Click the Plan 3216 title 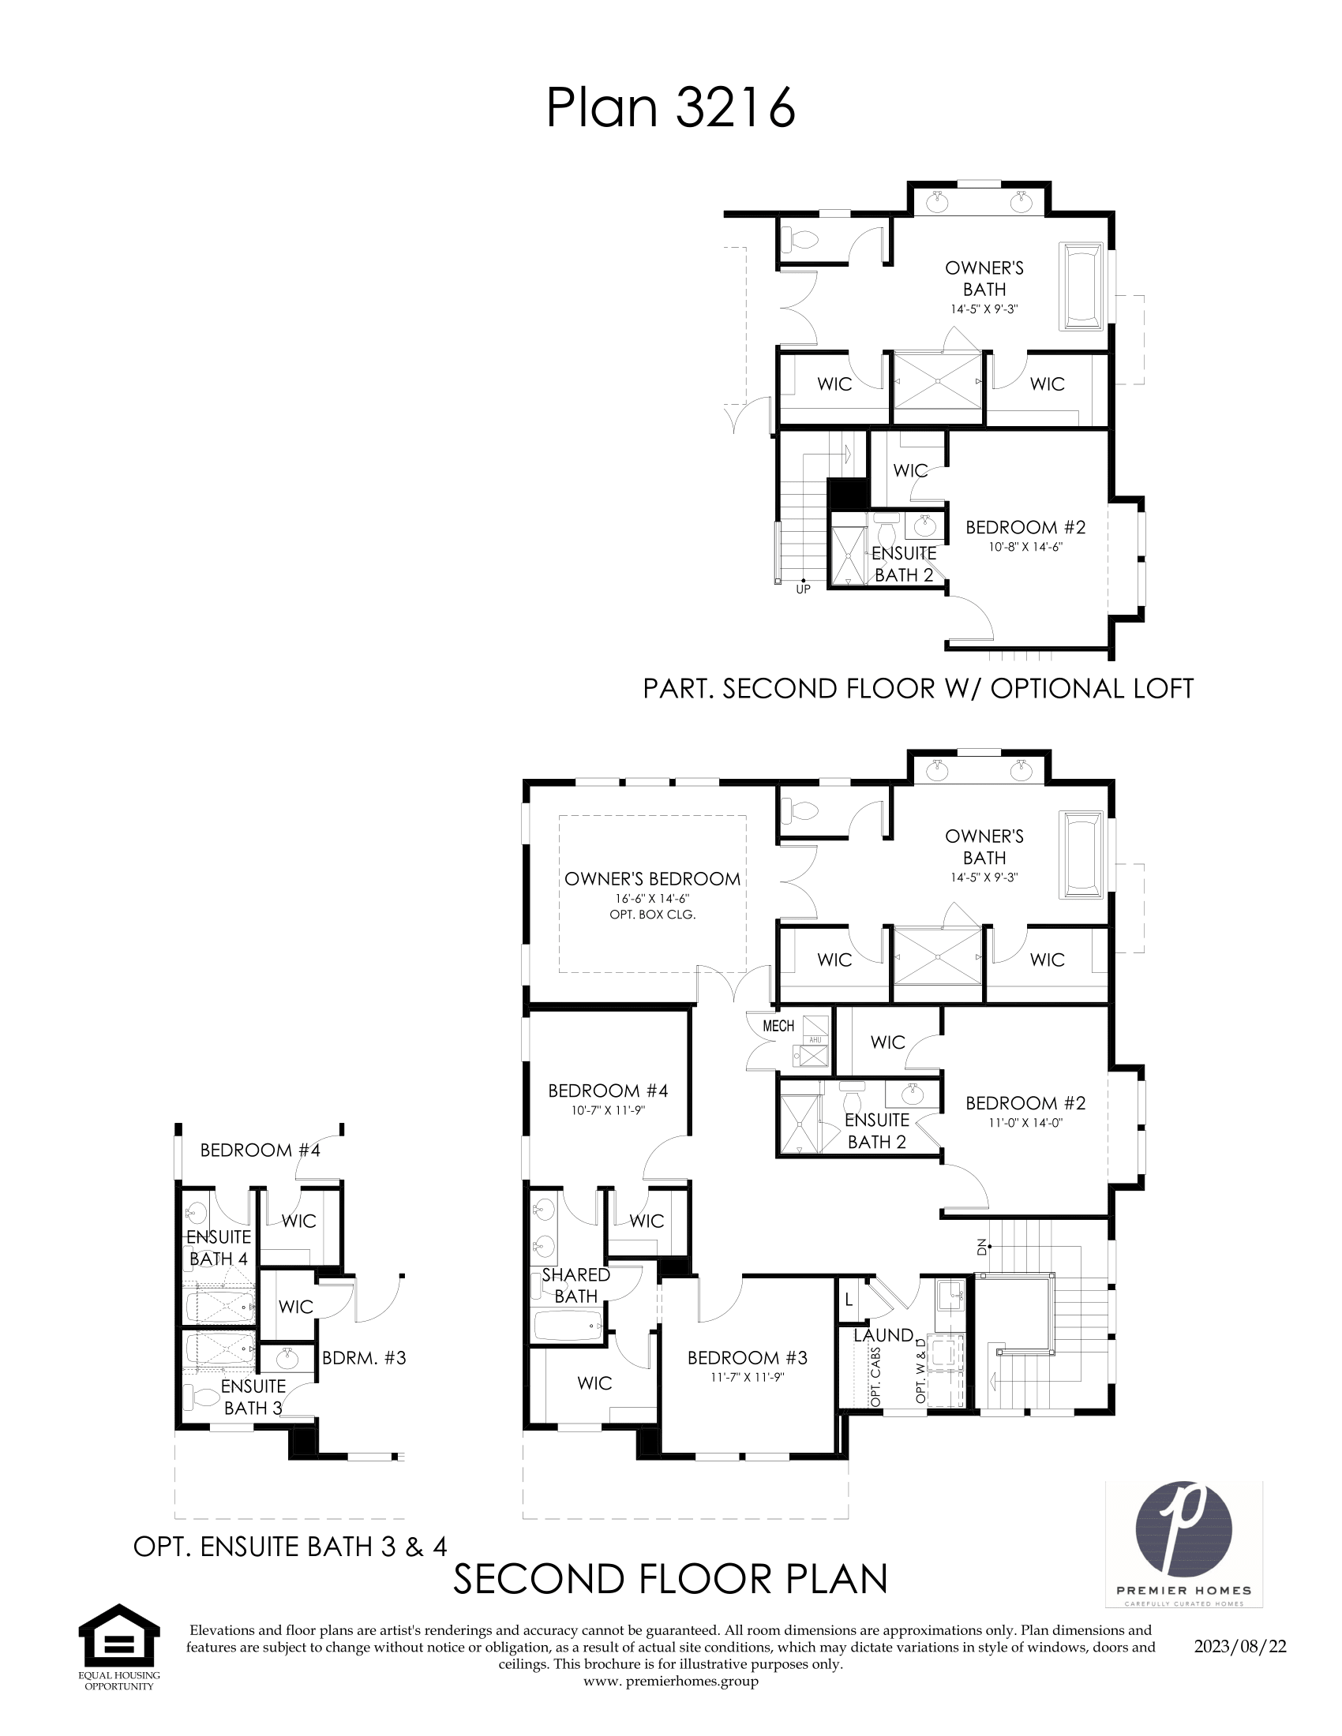[670, 108]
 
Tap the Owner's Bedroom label [652, 879]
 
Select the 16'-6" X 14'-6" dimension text [652, 898]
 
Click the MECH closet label [778, 1026]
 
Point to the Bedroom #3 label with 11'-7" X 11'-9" [748, 1359]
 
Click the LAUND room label [883, 1335]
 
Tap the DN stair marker [982, 1247]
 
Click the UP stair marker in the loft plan [803, 589]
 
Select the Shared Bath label [575, 1285]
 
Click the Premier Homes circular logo [1184, 1533]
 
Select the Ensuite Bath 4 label [219, 1248]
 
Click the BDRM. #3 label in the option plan [364, 1358]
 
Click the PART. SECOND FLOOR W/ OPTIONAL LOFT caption [917, 688]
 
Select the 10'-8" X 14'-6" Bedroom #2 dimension [1025, 547]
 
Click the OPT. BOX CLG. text [652, 915]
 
